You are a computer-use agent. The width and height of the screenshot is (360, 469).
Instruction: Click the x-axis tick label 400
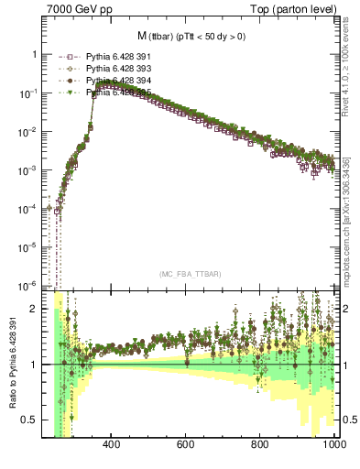coord(113,446)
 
